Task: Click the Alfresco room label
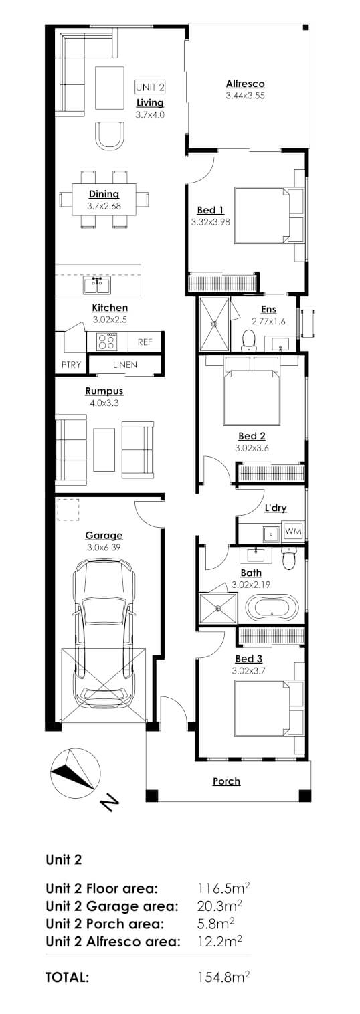click(x=245, y=84)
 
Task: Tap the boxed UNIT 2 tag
click(x=150, y=87)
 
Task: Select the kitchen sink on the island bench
click(x=97, y=286)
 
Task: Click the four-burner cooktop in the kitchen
click(x=106, y=342)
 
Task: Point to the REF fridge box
click(x=145, y=342)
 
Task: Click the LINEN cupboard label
click(x=125, y=365)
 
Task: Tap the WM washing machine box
click(x=293, y=531)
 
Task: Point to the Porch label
click(x=226, y=781)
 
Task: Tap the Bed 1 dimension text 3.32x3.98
click(x=210, y=221)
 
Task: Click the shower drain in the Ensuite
click(x=215, y=324)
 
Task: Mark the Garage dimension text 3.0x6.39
click(x=104, y=547)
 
